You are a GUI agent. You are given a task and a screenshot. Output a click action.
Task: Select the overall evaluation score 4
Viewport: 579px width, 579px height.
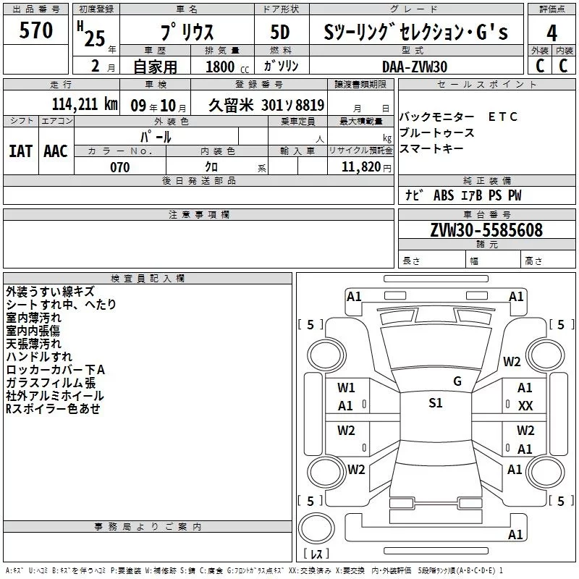click(x=552, y=33)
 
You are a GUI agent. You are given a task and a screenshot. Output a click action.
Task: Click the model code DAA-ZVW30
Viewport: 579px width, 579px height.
click(x=415, y=67)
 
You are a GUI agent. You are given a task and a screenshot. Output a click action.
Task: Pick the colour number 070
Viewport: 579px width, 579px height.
click(x=119, y=167)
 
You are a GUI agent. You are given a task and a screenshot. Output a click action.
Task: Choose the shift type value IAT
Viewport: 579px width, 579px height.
click(x=20, y=151)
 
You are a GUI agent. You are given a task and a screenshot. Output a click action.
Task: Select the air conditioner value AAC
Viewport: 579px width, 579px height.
click(x=55, y=151)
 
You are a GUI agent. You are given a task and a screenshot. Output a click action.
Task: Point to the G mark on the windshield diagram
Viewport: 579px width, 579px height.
click(x=457, y=381)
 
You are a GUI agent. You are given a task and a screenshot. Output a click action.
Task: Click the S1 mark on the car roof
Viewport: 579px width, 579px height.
click(x=435, y=403)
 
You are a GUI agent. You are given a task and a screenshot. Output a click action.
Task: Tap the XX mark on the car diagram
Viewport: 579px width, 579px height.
click(x=525, y=406)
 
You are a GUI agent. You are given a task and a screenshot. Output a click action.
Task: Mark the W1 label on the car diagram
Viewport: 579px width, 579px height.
click(x=346, y=388)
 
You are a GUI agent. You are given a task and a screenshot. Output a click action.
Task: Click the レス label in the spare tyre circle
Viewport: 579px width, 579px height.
click(x=316, y=554)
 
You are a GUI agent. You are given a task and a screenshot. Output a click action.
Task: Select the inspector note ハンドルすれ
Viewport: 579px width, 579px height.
click(x=38, y=357)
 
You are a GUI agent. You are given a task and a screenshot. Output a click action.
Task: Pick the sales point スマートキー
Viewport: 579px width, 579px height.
click(x=431, y=148)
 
